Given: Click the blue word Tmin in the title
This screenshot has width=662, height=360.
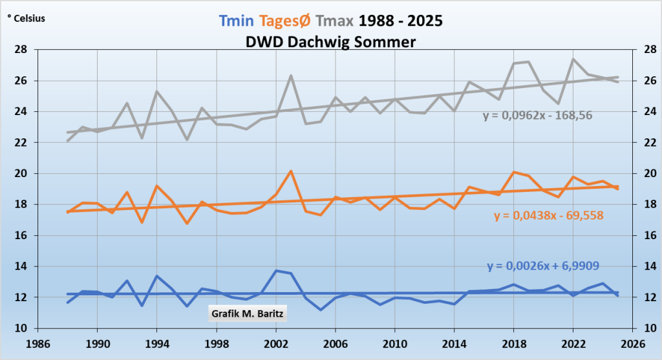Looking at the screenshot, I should click(x=237, y=20).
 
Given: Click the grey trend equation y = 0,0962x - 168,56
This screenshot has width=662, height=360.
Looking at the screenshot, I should click(x=538, y=116).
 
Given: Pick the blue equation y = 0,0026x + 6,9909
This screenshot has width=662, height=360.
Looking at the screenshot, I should click(x=540, y=266).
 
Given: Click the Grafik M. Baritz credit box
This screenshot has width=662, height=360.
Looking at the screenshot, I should click(x=248, y=314).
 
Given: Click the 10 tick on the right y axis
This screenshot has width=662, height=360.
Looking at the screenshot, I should click(x=644, y=328).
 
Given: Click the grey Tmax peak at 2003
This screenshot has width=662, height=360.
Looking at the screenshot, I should click(x=291, y=76).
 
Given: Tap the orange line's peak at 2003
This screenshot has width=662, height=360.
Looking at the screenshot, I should click(x=291, y=171).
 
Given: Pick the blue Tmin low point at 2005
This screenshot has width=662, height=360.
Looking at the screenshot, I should click(x=321, y=310).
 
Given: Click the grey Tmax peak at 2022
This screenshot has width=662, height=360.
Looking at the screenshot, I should click(x=573, y=59).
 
